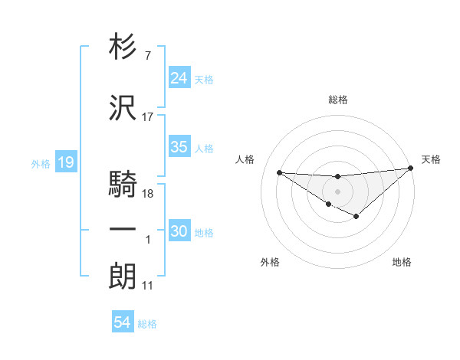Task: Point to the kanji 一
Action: (123, 230)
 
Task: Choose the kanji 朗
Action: (123, 277)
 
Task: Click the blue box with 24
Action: (179, 78)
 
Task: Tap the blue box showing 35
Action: (179, 147)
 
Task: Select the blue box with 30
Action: (179, 231)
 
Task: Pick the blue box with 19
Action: (65, 162)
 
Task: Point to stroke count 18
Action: (149, 194)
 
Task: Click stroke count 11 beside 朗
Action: (148, 286)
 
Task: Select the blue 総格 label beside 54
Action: (147, 324)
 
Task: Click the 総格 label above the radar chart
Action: (337, 100)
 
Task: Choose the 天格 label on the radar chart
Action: (431, 159)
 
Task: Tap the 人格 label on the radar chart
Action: (245, 159)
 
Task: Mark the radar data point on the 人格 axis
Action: (279, 172)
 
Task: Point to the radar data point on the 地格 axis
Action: (356, 217)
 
